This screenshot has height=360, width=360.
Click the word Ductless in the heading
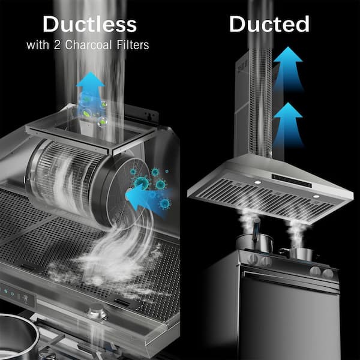(x=90, y=24)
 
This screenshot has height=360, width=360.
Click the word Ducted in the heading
(x=269, y=24)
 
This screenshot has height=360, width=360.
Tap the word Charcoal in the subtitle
(x=88, y=44)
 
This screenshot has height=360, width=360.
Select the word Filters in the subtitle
(x=133, y=44)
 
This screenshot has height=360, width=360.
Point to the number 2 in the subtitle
(x=57, y=45)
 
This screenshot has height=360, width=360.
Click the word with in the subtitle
(x=38, y=45)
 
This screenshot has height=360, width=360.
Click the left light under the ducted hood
(x=257, y=182)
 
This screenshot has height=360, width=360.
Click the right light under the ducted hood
(x=316, y=196)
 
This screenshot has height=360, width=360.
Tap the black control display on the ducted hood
(x=292, y=181)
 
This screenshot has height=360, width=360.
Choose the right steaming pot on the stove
(x=298, y=254)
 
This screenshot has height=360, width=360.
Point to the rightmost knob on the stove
(x=328, y=274)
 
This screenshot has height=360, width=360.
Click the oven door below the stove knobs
(x=289, y=314)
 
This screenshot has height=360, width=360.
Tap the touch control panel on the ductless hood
(x=17, y=296)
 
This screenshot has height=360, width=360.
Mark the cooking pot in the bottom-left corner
(x=18, y=337)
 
